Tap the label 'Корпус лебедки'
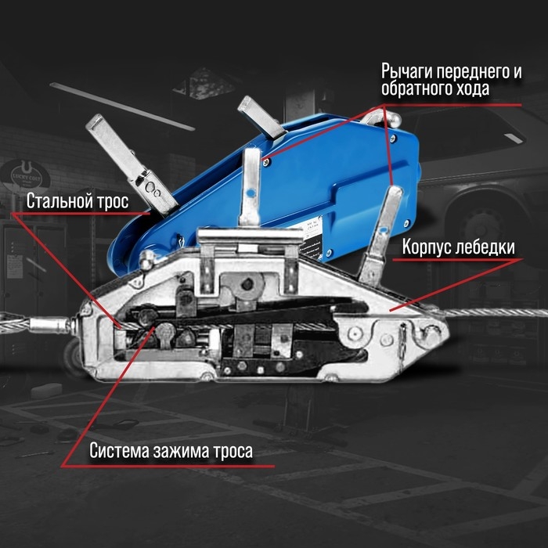pyautogui.click(x=459, y=248)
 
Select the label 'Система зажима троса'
pyautogui.click(x=170, y=452)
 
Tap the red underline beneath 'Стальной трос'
pyautogui.click(x=78, y=214)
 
